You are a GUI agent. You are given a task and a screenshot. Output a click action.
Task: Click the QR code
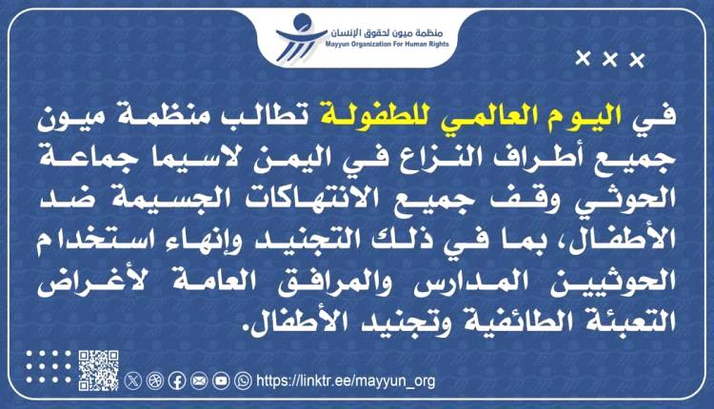(x=98, y=370)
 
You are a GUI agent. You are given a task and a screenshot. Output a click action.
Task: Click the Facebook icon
(x=176, y=380)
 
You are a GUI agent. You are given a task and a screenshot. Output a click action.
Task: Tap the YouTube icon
(x=221, y=380)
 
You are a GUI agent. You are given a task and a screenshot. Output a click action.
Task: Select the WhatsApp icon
(x=243, y=380)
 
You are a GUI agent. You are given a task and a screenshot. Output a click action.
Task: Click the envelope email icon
(x=198, y=380)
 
